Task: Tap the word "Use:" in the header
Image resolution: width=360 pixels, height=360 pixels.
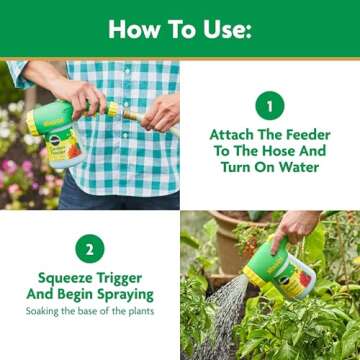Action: pyautogui.click(x=225, y=29)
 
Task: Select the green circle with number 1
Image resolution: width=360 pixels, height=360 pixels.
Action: pyautogui.click(x=270, y=105)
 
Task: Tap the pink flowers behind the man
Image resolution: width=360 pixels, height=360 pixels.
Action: pyautogui.click(x=12, y=165)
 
